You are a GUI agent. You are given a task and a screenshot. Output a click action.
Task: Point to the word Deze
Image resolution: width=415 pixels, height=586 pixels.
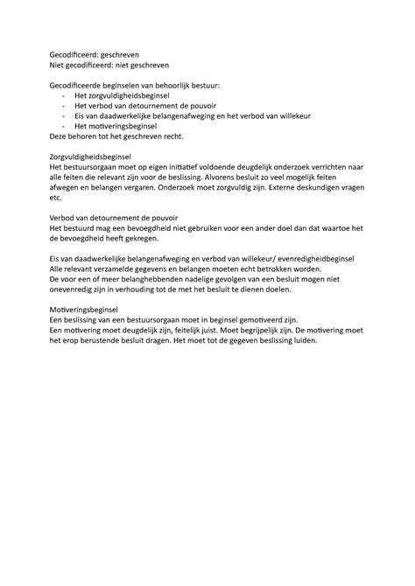(x=60, y=137)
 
